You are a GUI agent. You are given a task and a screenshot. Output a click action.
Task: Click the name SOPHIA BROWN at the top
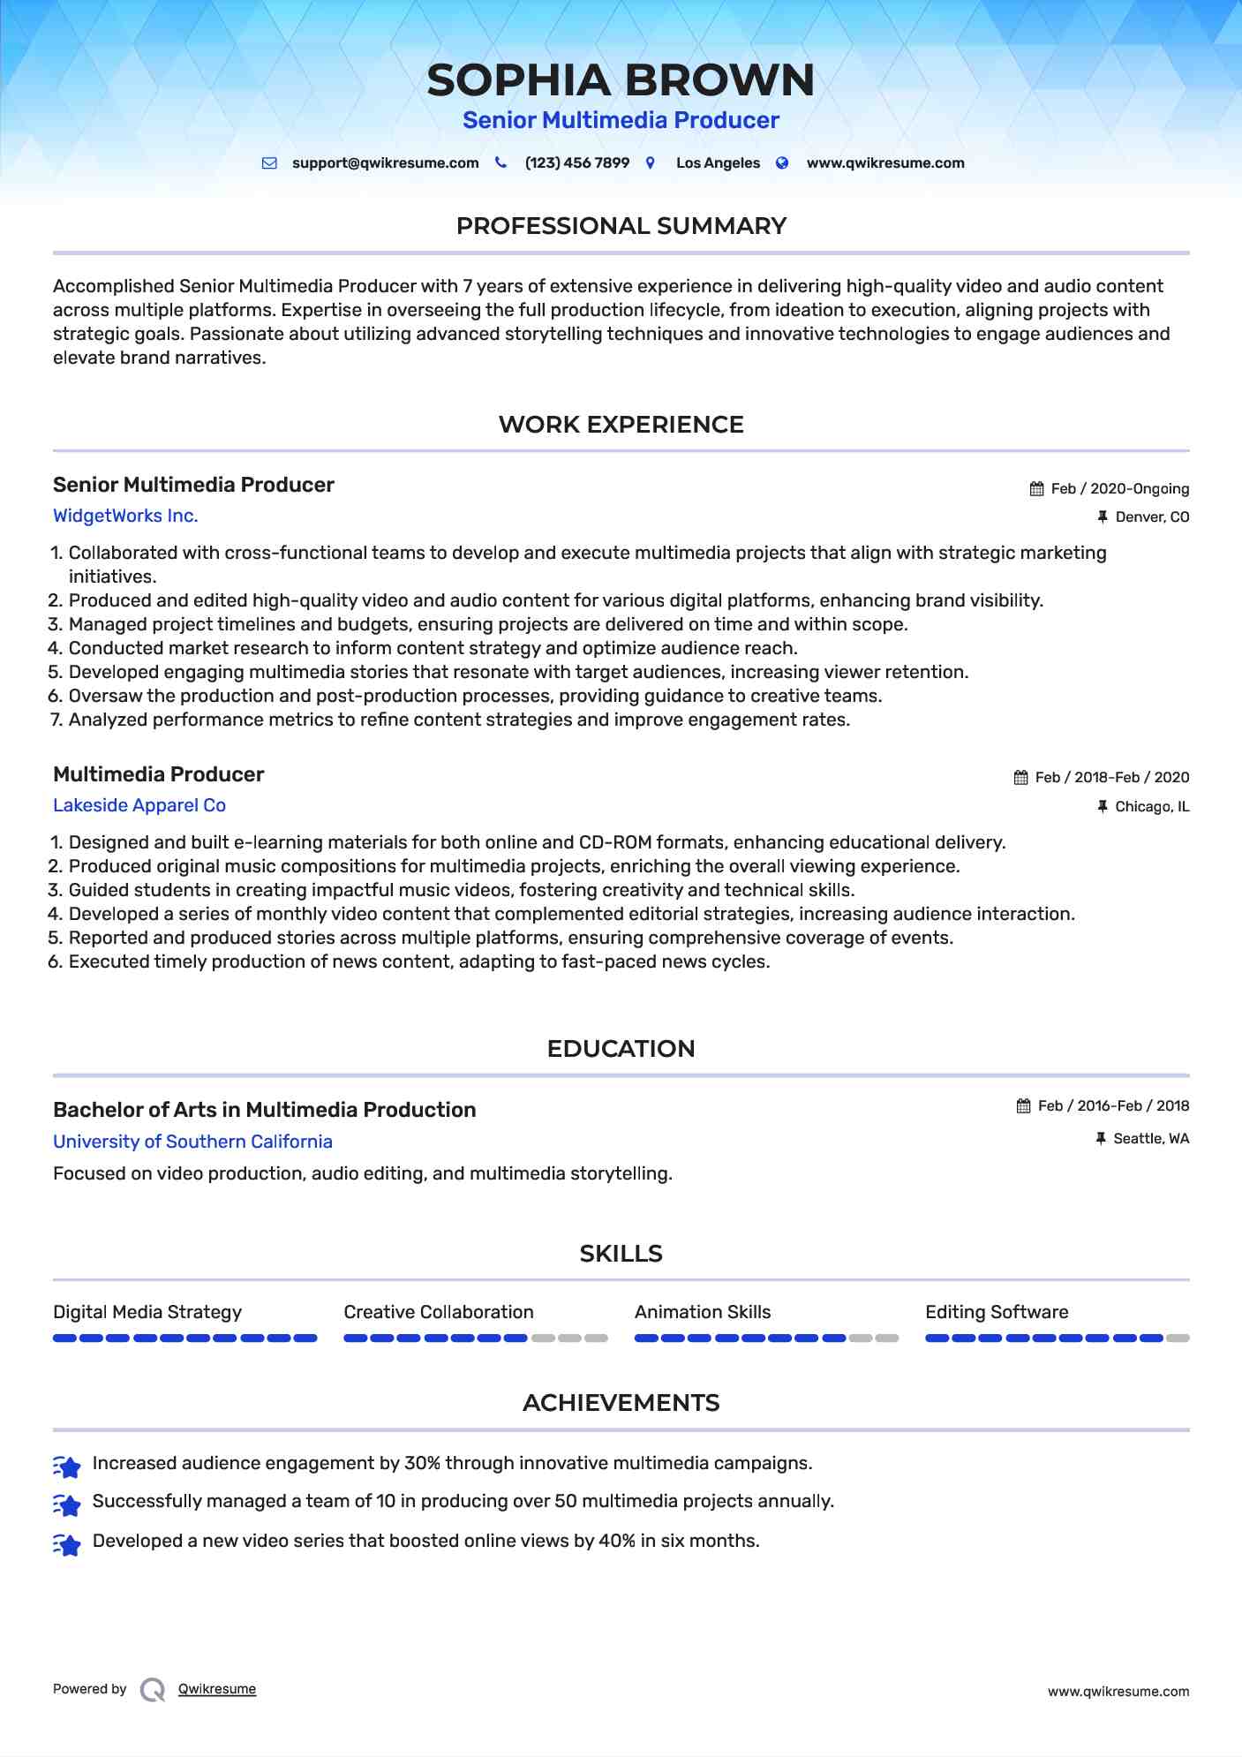[x=621, y=80]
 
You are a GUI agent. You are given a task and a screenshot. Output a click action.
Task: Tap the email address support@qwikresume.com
[x=385, y=163]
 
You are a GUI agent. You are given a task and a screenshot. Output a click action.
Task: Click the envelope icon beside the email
[x=269, y=163]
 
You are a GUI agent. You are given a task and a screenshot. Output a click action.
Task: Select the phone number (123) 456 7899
[x=576, y=163]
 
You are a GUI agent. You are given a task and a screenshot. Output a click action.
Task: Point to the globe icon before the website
[x=782, y=163]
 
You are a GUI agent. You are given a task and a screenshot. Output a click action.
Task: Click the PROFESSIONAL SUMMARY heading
[x=621, y=226]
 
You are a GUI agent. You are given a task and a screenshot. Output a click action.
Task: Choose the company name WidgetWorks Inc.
[x=125, y=516]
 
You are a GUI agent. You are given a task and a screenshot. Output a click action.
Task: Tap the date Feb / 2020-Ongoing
[x=1119, y=489]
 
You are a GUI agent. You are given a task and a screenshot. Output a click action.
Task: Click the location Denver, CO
[x=1152, y=517]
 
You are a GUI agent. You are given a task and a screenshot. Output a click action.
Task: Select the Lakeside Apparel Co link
[x=139, y=805]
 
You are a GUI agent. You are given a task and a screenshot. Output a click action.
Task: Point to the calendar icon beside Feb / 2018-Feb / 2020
[x=1020, y=778]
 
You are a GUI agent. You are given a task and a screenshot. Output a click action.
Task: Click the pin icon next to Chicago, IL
[x=1102, y=807]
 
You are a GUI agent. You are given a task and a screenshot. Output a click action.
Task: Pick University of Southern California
[x=192, y=1142]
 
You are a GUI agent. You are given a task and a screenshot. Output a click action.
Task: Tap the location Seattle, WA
[x=1151, y=1139]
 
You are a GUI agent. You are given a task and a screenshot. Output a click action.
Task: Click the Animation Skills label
[x=703, y=1312]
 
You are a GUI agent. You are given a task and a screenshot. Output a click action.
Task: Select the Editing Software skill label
[x=997, y=1312]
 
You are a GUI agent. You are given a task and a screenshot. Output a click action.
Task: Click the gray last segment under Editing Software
[x=1178, y=1338]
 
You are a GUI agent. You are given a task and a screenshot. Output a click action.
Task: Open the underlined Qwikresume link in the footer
[x=217, y=1689]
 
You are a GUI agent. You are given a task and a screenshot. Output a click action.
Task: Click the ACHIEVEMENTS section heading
[x=621, y=1403]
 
